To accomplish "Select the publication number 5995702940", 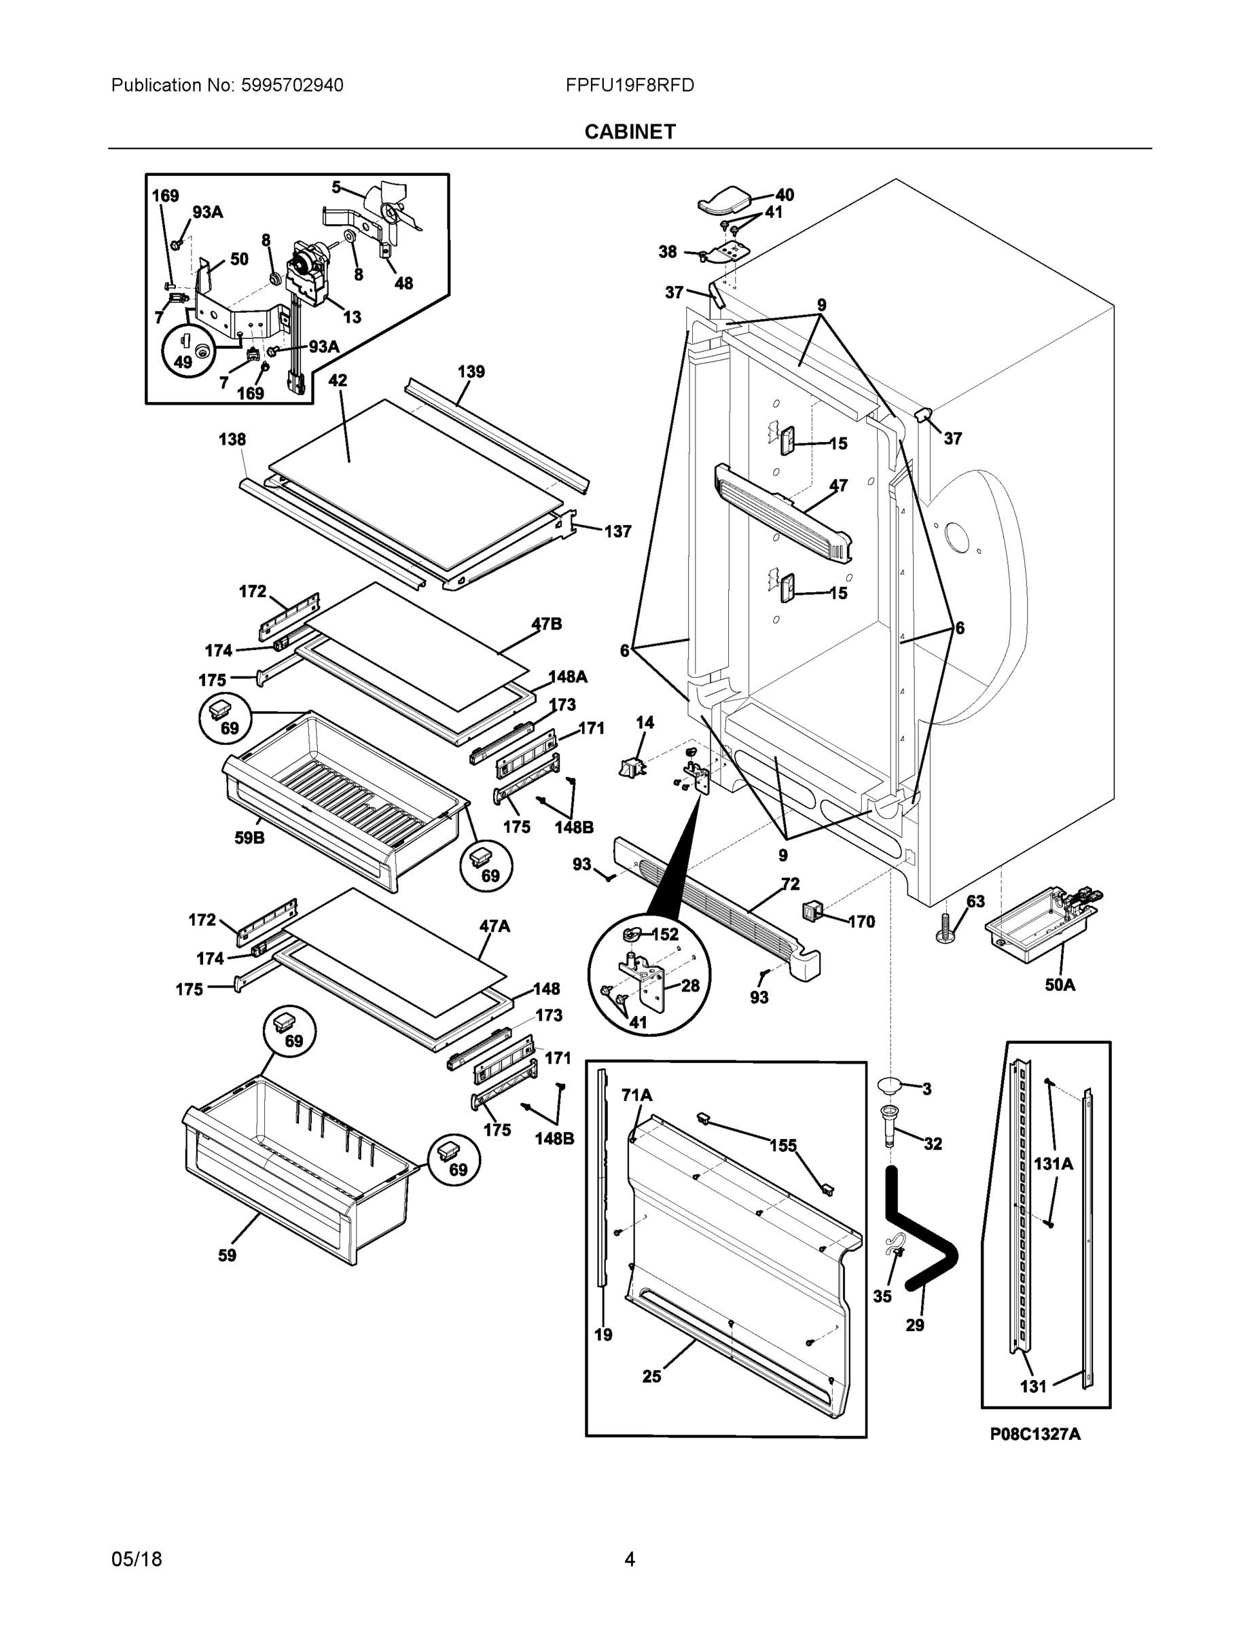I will [x=292, y=86].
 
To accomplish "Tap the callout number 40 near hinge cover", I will [x=785, y=196].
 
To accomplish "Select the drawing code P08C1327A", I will [x=1034, y=1434].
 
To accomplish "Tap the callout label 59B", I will [x=249, y=838].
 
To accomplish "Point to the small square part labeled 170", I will [x=812, y=911].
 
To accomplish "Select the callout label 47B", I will [x=546, y=624].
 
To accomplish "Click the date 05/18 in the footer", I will [x=137, y=1559].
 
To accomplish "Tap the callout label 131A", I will [x=1054, y=1163].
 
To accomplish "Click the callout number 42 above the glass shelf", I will [x=338, y=380].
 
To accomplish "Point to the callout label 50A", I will [x=1059, y=985].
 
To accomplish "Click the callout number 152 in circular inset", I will [x=665, y=935].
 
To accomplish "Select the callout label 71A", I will [x=636, y=1095].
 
